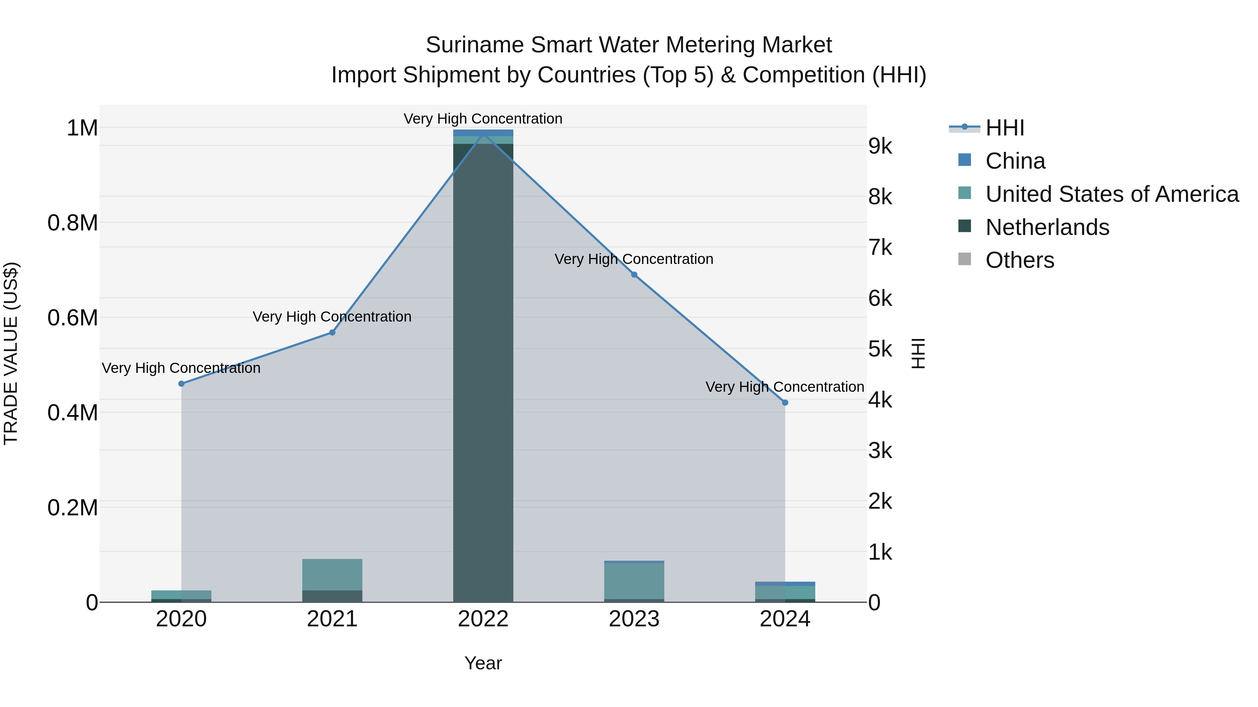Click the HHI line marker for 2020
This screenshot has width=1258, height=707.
point(181,383)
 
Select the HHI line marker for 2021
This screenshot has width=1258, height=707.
point(332,332)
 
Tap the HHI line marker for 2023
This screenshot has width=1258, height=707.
point(634,275)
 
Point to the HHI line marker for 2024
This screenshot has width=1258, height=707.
point(785,403)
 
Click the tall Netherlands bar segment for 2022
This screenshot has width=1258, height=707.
point(483,371)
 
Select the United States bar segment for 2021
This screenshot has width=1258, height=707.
point(332,574)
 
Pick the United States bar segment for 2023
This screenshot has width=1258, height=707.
point(634,581)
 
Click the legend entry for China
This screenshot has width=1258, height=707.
point(1015,161)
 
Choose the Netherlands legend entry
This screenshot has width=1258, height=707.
point(1047,227)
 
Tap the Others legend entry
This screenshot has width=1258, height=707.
point(1020,260)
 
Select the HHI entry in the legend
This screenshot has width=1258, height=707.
point(1005,128)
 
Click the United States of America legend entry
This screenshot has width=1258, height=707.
point(1112,194)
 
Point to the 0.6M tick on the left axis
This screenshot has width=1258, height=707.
point(73,318)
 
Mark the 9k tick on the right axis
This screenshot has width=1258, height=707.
point(880,146)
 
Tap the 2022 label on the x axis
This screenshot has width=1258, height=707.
point(483,619)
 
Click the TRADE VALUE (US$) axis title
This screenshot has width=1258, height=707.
point(11,353)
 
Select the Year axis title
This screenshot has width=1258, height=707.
point(483,663)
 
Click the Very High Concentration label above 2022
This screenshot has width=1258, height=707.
point(483,119)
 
